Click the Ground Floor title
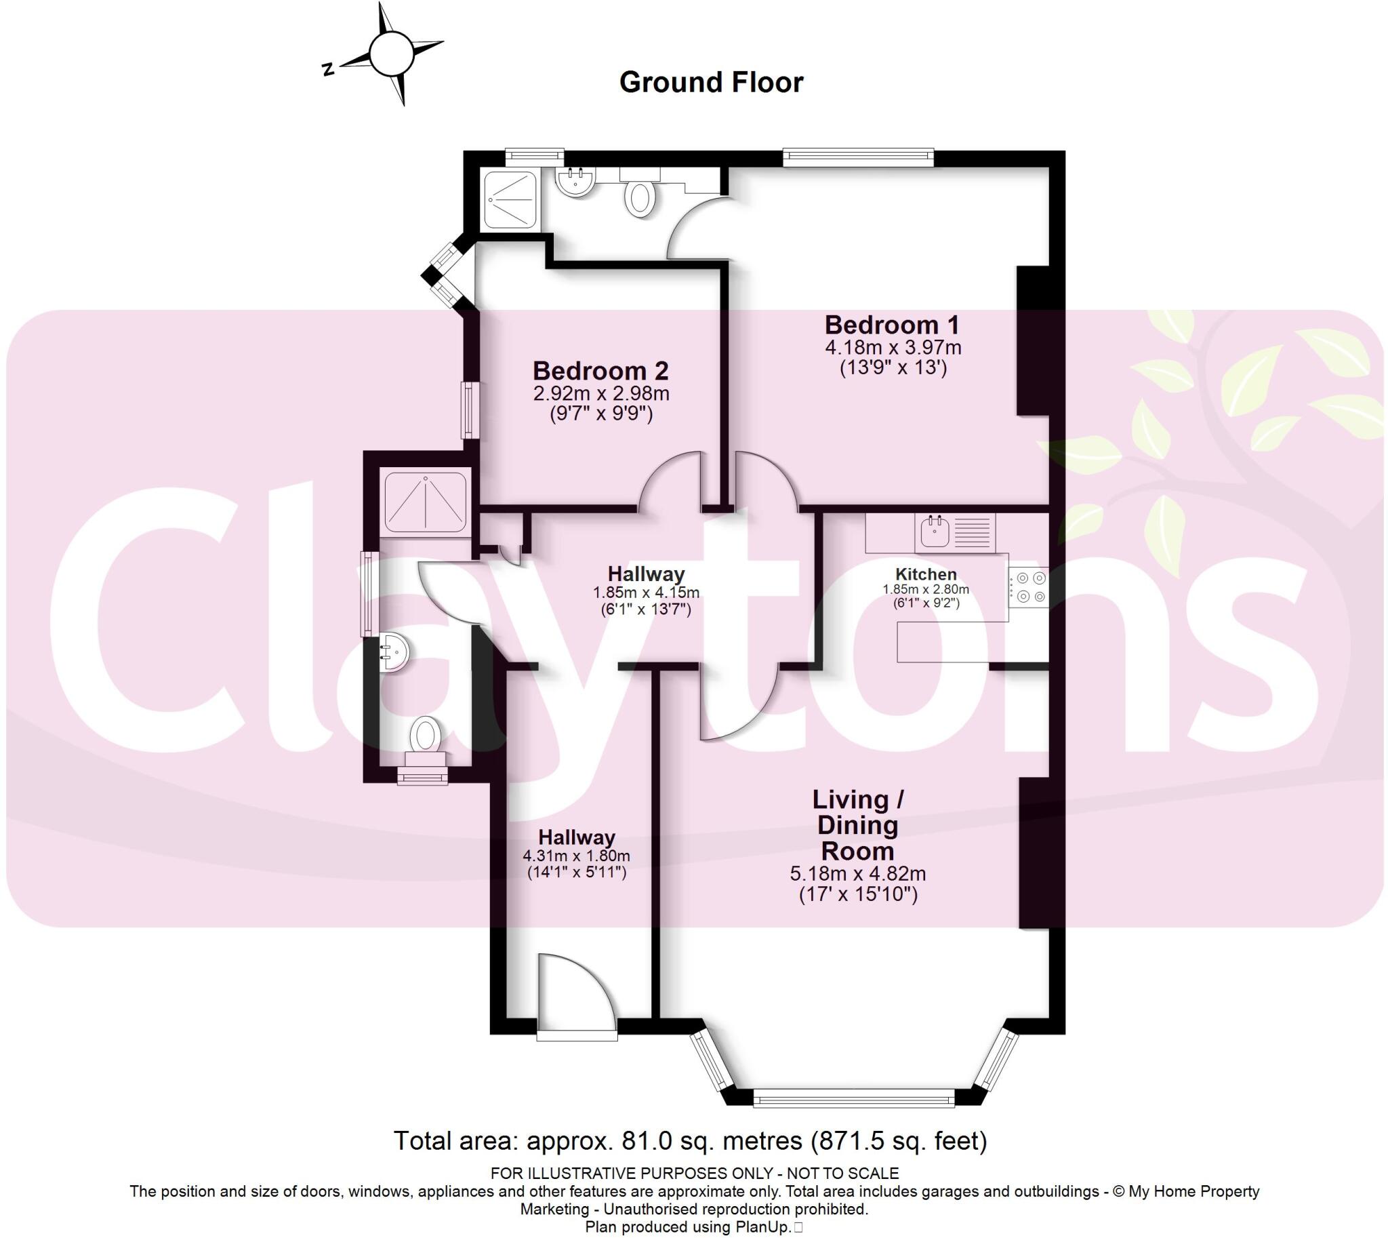[711, 82]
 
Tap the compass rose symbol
[390, 53]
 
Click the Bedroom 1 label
[891, 325]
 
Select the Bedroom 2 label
[600, 371]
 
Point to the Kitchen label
[925, 574]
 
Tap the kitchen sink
[935, 532]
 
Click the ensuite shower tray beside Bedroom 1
[510, 199]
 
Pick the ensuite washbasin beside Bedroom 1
[575, 182]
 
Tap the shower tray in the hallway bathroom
[425, 500]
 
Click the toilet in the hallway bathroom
[426, 739]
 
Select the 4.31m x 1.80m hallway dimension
[576, 856]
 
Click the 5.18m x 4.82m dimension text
[857, 873]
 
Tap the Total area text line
[689, 1141]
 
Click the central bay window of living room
[854, 1098]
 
